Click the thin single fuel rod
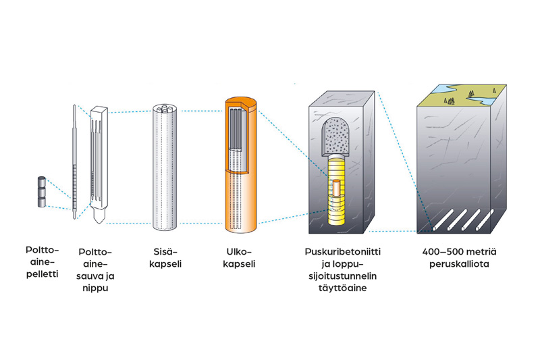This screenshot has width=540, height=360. (74, 162)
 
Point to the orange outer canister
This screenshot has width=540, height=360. (241, 189)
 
